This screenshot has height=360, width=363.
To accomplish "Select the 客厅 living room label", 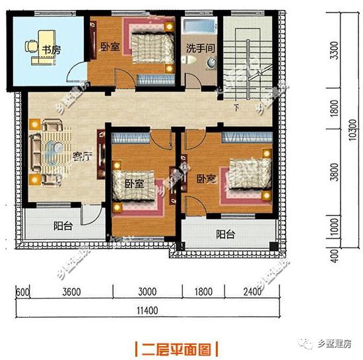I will click(x=82, y=157).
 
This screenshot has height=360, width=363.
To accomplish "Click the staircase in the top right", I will click(x=245, y=56).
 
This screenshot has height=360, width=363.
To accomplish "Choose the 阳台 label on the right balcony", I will click(x=225, y=234).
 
